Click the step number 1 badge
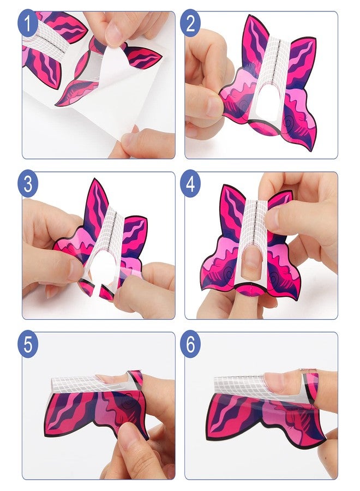[x=28, y=23]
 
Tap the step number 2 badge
[x=190, y=23]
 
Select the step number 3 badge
[x=28, y=184]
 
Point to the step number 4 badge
[x=190, y=184]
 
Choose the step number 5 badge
[x=28, y=344]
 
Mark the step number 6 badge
[x=190, y=344]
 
